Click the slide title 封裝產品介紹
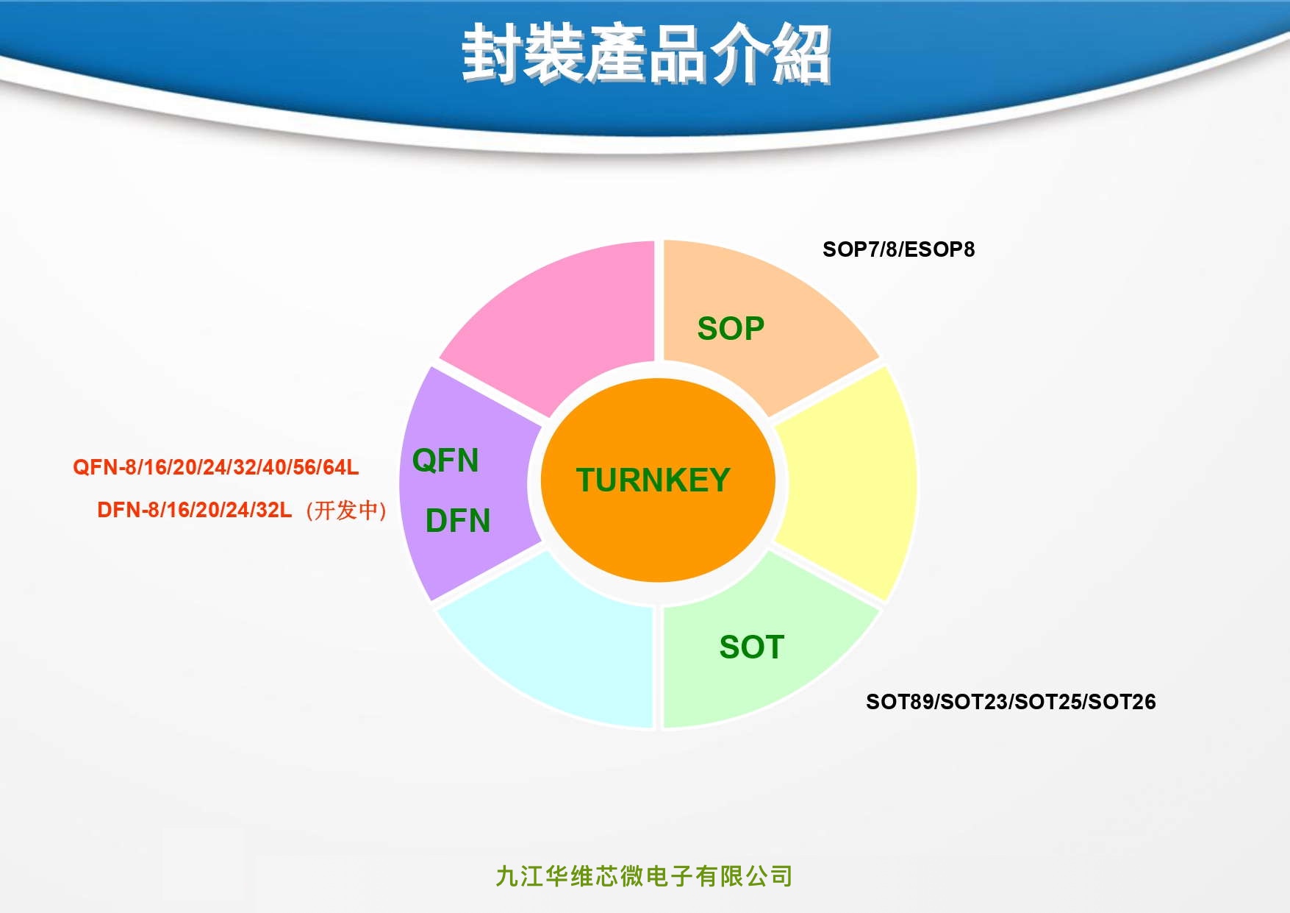pos(646,54)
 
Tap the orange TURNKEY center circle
pos(658,480)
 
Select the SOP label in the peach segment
pos(731,328)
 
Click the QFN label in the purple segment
pos(445,461)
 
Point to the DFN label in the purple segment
pos(458,521)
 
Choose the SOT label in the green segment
pos(751,647)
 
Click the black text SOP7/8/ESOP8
pos(898,249)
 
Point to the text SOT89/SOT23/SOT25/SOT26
pos(1011,702)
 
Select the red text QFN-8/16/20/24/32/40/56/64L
pos(216,467)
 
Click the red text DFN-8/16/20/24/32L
pos(195,510)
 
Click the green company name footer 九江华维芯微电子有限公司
pos(644,876)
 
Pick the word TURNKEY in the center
pos(653,480)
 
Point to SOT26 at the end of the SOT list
pos(1122,702)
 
